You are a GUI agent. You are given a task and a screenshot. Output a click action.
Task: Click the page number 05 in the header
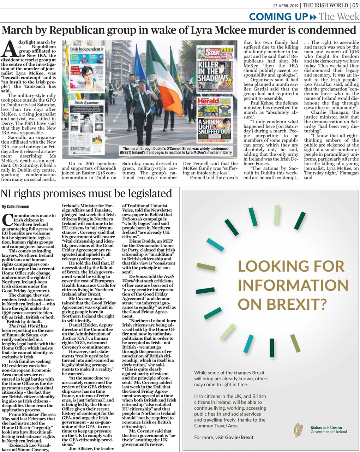coord(355,5)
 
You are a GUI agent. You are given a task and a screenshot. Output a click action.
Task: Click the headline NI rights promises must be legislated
coord(86,194)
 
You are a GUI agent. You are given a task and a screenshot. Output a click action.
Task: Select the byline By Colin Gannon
coord(16,207)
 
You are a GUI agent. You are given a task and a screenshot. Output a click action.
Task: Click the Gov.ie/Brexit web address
coord(239,437)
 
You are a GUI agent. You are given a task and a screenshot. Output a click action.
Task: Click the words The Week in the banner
coord(339,16)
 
